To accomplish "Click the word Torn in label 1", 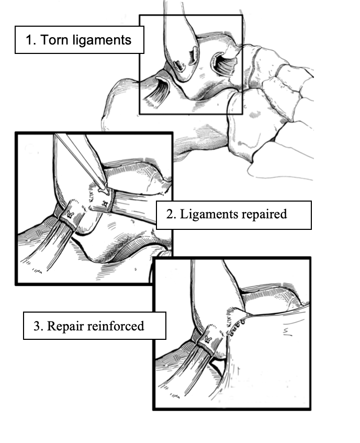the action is coord(55,40).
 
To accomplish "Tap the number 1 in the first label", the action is coord(30,40).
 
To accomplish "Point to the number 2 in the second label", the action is coord(171,214).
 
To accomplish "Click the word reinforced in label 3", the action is coord(115,326).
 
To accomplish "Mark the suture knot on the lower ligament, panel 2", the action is coord(70,215).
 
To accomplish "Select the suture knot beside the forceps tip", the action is coord(105,203).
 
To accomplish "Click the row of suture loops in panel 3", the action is coord(237,328).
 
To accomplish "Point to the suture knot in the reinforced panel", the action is coord(208,340).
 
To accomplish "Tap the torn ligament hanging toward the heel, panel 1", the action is coord(158,91).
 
